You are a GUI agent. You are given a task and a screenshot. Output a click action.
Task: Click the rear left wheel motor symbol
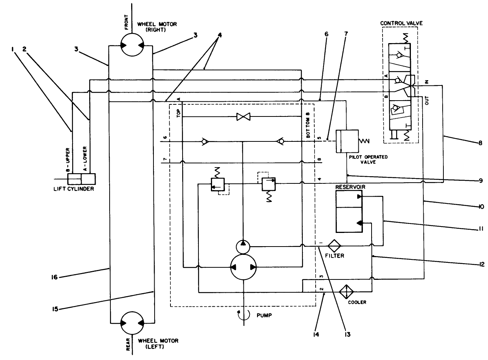tap(131, 323)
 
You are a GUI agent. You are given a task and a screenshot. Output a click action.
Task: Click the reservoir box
tap(349, 211)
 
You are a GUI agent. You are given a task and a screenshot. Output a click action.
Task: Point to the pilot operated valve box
tap(347, 141)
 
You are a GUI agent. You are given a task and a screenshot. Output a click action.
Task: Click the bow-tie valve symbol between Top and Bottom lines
tap(242, 117)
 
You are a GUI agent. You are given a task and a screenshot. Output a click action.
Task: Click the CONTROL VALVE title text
tap(401, 23)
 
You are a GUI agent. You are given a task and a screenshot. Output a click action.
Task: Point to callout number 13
tap(347, 334)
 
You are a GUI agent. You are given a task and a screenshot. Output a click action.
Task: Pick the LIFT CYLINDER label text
tap(73, 189)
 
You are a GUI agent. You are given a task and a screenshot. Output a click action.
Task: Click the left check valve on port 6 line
tap(204, 142)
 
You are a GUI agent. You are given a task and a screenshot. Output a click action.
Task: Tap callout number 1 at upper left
tap(12, 49)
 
